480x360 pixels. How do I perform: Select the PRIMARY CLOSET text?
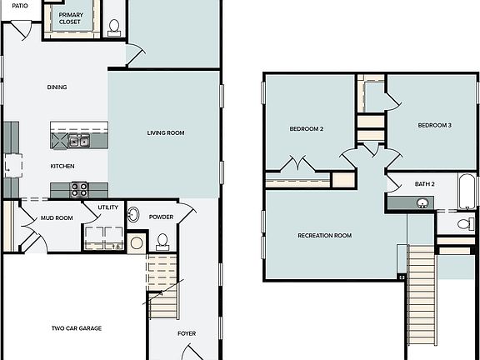[x=71, y=17]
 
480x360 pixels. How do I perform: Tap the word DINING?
[x=57, y=87]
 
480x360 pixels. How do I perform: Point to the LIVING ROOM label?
[x=166, y=132]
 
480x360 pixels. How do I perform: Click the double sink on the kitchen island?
[x=79, y=142]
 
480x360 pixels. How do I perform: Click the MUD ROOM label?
[x=57, y=218]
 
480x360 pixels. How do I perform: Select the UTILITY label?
[x=107, y=207]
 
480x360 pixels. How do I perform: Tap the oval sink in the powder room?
[x=133, y=215]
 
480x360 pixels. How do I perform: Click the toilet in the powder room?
[x=162, y=242]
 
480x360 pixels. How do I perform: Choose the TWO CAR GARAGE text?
[x=76, y=328]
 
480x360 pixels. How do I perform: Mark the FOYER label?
[x=187, y=333]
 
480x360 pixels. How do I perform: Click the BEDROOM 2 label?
[x=306, y=129]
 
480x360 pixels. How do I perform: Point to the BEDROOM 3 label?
[x=434, y=125]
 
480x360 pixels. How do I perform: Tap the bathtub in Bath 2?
[x=467, y=192]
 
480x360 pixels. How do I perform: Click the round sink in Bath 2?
[x=422, y=202]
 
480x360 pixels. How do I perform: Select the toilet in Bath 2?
[x=465, y=224]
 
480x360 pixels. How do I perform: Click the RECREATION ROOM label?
[x=324, y=236]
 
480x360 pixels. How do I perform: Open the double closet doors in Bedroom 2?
[x=296, y=164]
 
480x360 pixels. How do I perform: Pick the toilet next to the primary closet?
[x=114, y=25]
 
